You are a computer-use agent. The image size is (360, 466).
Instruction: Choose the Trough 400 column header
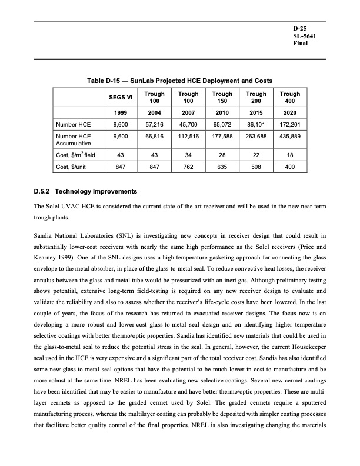[x=290, y=98]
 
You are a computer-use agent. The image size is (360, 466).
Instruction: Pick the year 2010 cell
[x=222, y=112]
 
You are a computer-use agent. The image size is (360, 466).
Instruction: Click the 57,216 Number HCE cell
[x=154, y=125]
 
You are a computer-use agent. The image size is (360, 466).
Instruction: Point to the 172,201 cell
[x=290, y=125]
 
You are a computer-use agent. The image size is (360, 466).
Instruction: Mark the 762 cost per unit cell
[x=188, y=167]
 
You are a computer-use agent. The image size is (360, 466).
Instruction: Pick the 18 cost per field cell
[x=290, y=154]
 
